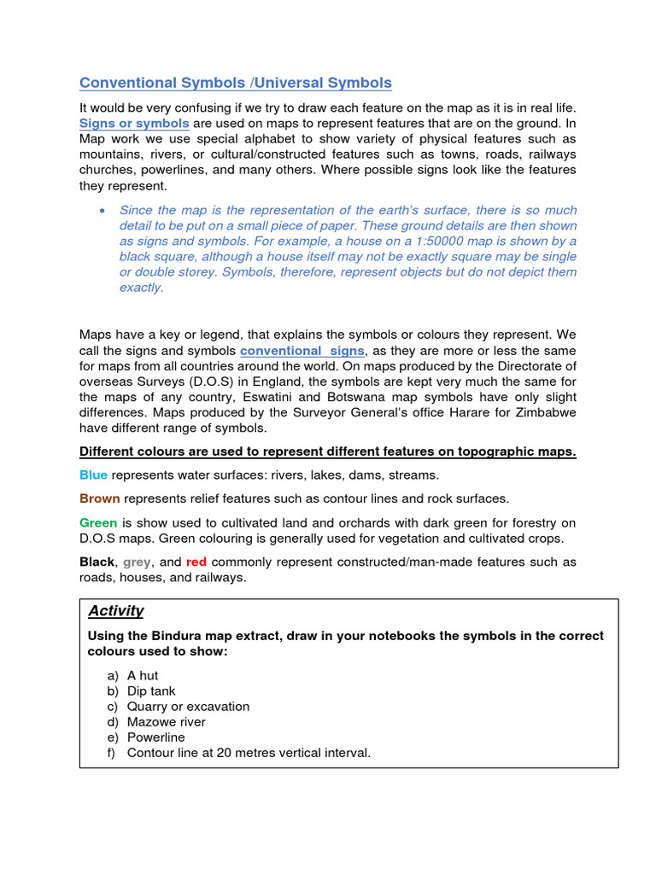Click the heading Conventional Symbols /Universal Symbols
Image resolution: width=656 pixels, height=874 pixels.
tap(236, 83)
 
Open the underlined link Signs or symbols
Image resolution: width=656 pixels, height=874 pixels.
tap(134, 123)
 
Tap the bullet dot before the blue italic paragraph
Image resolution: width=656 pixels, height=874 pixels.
tap(102, 210)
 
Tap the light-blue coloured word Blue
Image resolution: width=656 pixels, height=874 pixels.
tap(93, 475)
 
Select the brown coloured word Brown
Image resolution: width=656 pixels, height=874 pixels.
tap(99, 498)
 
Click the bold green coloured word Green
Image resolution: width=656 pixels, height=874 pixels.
tap(98, 522)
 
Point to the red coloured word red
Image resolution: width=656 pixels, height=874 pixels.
tap(197, 562)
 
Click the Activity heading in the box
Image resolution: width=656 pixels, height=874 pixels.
tap(115, 611)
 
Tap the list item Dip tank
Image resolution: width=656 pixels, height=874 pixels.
tap(151, 690)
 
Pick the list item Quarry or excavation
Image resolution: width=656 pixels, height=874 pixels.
tap(188, 706)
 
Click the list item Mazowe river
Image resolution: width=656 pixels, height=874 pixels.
tap(166, 721)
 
